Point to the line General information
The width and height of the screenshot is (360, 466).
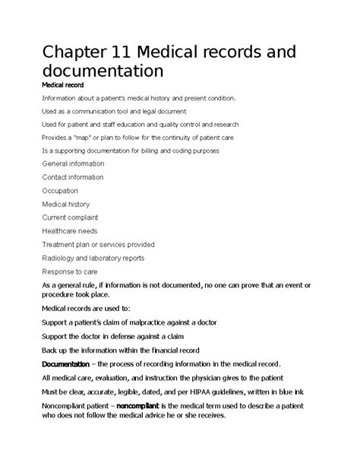click(74, 163)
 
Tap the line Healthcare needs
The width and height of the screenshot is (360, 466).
click(70, 231)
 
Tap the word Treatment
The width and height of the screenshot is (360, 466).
click(61, 245)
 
